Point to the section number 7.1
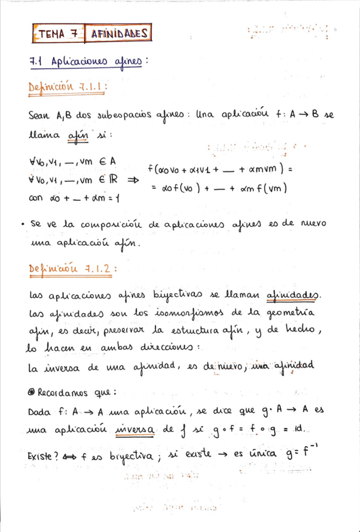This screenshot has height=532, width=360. (x=40, y=61)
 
